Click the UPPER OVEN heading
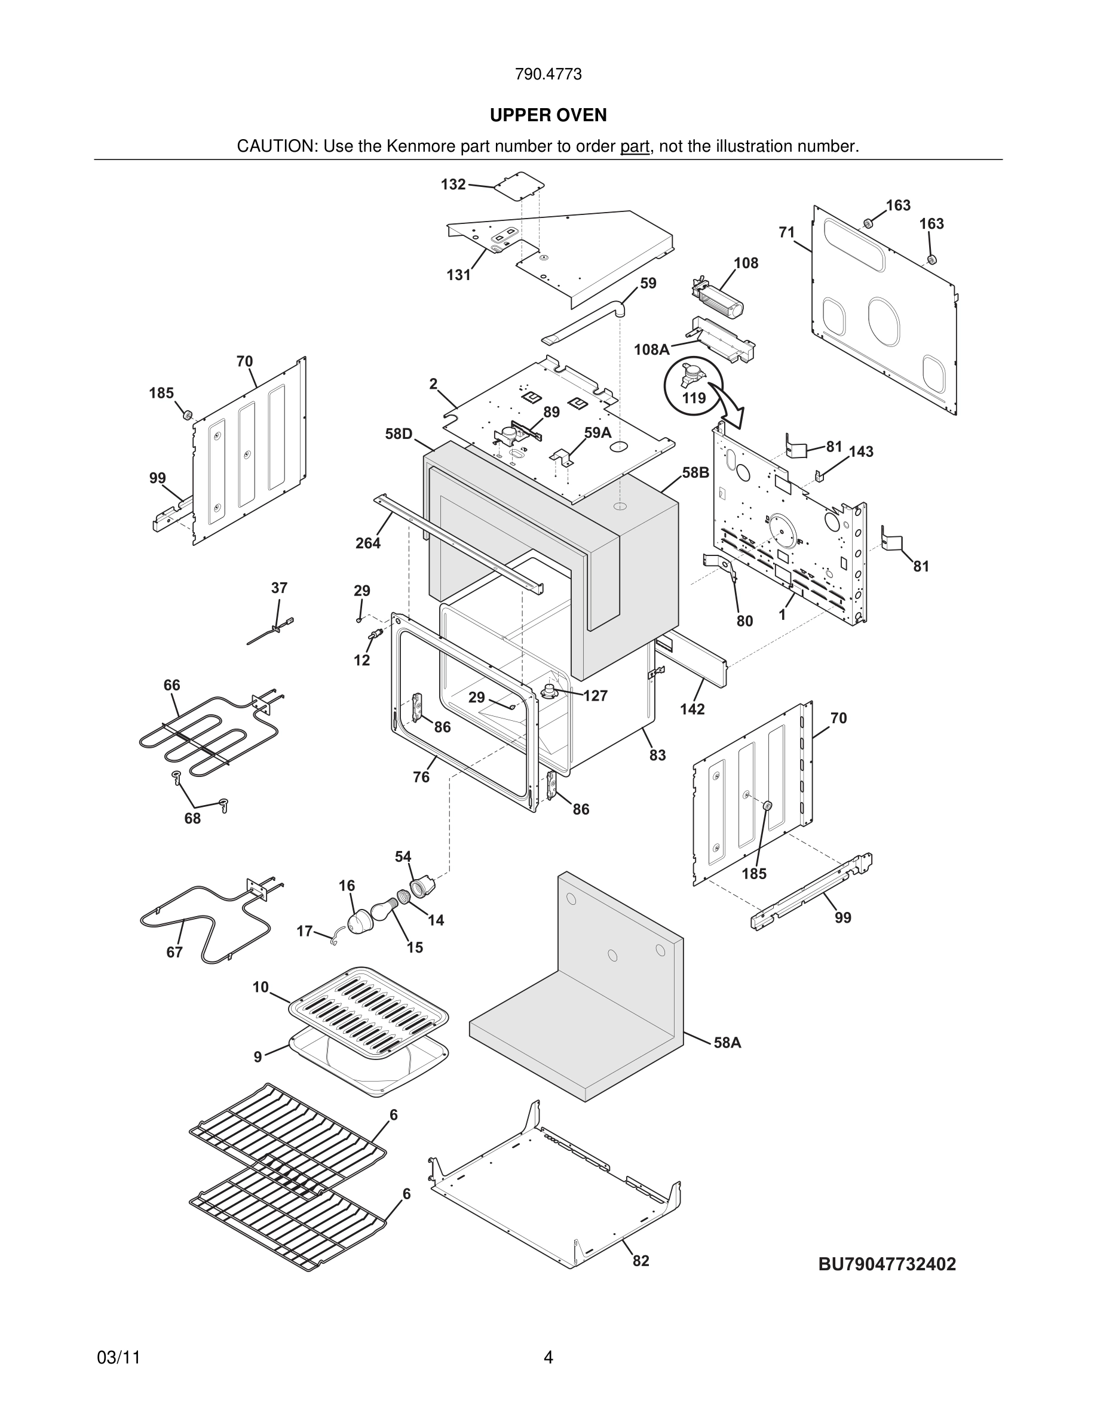[548, 115]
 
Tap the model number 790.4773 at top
[548, 74]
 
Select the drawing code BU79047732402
[887, 1264]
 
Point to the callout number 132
[453, 185]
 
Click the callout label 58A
[727, 1043]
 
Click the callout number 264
[368, 543]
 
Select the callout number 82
[641, 1261]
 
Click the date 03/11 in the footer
[118, 1357]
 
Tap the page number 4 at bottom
[548, 1357]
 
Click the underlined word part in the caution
[635, 147]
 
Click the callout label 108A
[651, 349]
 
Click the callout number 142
[692, 709]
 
